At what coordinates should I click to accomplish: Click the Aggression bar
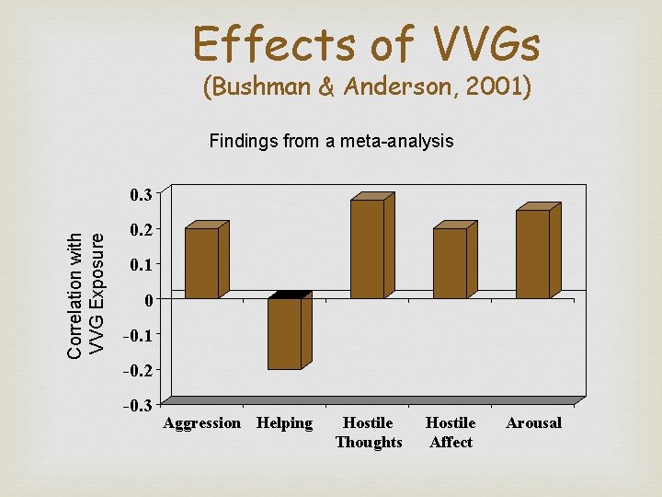202,263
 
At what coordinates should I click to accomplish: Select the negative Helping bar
285,333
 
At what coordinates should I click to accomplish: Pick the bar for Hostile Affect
451,263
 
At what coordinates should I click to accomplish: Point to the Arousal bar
533,254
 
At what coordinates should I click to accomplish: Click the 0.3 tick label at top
141,194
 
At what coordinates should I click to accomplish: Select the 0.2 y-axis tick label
141,229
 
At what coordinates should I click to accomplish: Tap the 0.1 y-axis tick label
141,264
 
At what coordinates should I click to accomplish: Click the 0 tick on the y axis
146,300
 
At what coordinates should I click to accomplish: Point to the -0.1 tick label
138,335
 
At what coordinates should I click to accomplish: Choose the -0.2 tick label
138,370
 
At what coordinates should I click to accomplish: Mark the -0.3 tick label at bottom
138,405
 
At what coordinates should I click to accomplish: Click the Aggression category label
202,423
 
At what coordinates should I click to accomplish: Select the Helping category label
285,423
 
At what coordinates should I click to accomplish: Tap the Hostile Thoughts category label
369,433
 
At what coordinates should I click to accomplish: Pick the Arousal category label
533,423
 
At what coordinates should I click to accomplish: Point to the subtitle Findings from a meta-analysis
331,142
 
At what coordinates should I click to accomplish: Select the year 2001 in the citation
492,89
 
